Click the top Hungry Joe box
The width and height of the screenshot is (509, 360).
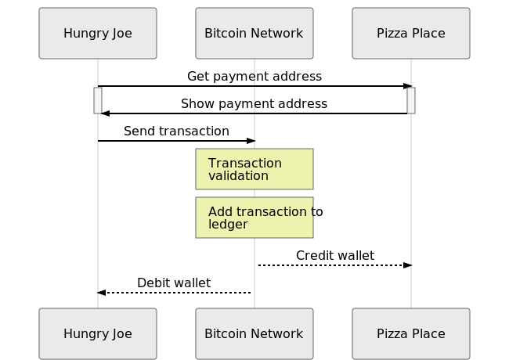coord(98,34)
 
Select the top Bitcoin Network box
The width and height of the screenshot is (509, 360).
coord(254,34)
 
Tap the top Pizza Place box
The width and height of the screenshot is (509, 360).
coord(411,34)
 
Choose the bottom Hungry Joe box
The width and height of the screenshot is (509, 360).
coord(98,334)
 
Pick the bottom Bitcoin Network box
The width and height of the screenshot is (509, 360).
coord(254,334)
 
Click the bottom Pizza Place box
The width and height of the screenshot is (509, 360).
coord(411,334)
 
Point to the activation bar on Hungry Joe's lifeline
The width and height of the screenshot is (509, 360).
coord(98,100)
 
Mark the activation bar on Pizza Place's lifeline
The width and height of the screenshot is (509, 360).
coord(411,100)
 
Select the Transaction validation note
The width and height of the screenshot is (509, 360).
coord(254,169)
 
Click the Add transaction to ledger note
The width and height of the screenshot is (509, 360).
coord(254,218)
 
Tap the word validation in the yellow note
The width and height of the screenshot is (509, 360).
coord(238,176)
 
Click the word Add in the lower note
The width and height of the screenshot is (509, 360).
coord(220,212)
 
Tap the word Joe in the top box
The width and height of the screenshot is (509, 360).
coord(121,34)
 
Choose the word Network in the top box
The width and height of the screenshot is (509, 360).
coord(276,34)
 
